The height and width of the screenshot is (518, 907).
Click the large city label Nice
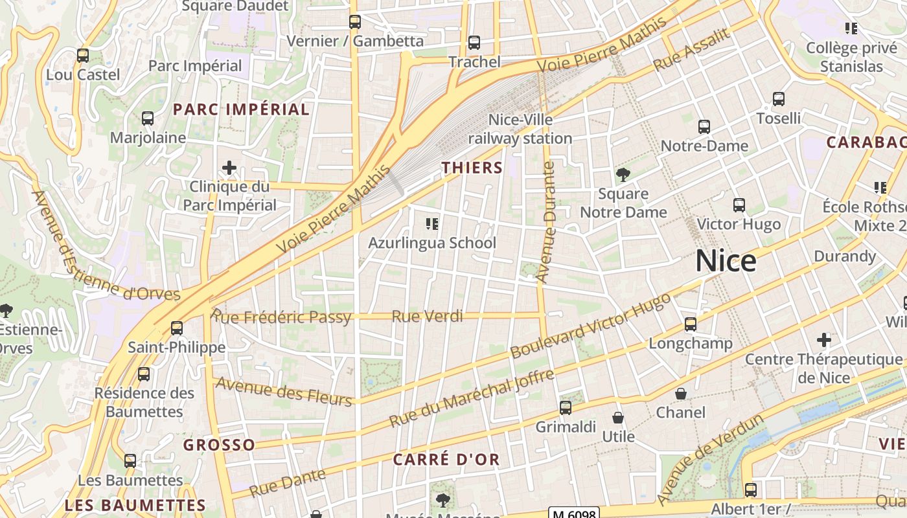(726, 261)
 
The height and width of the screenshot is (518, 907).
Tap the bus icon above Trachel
(474, 43)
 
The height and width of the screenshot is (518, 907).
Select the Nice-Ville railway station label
(520, 129)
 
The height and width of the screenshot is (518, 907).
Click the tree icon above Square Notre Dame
(623, 174)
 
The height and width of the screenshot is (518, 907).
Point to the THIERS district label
(472, 168)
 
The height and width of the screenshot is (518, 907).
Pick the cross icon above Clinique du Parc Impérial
(229, 168)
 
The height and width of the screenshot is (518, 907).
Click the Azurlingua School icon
(432, 224)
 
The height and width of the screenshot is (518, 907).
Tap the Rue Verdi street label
(428, 316)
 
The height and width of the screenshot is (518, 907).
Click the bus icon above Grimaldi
(566, 408)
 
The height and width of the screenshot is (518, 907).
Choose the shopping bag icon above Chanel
(681, 394)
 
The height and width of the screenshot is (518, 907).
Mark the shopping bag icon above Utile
(618, 418)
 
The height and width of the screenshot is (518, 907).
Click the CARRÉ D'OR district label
(446, 460)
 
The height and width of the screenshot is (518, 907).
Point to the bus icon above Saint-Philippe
(177, 328)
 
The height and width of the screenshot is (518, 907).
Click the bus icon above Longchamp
(691, 324)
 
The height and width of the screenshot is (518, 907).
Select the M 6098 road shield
(573, 513)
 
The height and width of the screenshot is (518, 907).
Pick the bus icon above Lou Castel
(83, 56)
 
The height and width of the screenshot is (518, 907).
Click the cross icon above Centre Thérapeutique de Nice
(823, 340)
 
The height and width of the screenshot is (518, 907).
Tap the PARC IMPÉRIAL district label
(241, 109)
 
